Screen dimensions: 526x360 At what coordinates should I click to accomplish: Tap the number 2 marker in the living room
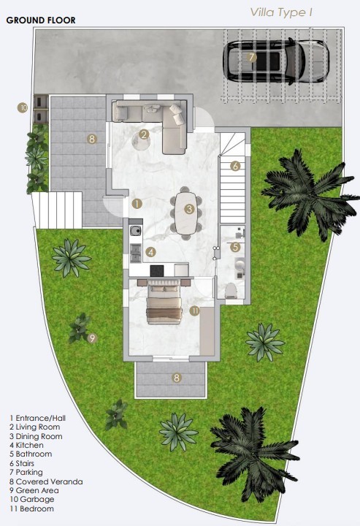coord(145,134)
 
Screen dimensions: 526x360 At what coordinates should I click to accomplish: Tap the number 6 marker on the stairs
coord(235,166)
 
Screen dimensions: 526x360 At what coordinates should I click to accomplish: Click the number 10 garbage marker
coord(23,107)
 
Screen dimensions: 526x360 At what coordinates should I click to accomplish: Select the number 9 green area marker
coord(92,338)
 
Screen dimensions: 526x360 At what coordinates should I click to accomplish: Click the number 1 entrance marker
coord(137,204)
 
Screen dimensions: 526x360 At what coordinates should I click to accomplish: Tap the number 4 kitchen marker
coord(150,252)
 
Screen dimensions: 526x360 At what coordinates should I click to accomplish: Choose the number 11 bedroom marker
coord(194,310)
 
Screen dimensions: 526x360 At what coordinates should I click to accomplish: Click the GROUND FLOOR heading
coord(41,20)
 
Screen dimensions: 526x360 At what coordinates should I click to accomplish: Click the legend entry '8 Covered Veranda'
coord(45,481)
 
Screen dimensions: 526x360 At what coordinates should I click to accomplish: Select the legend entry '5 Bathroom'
coord(34,454)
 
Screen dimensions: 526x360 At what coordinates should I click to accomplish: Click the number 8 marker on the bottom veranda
coord(176,378)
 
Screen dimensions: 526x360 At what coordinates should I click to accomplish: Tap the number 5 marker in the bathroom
coord(235,248)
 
